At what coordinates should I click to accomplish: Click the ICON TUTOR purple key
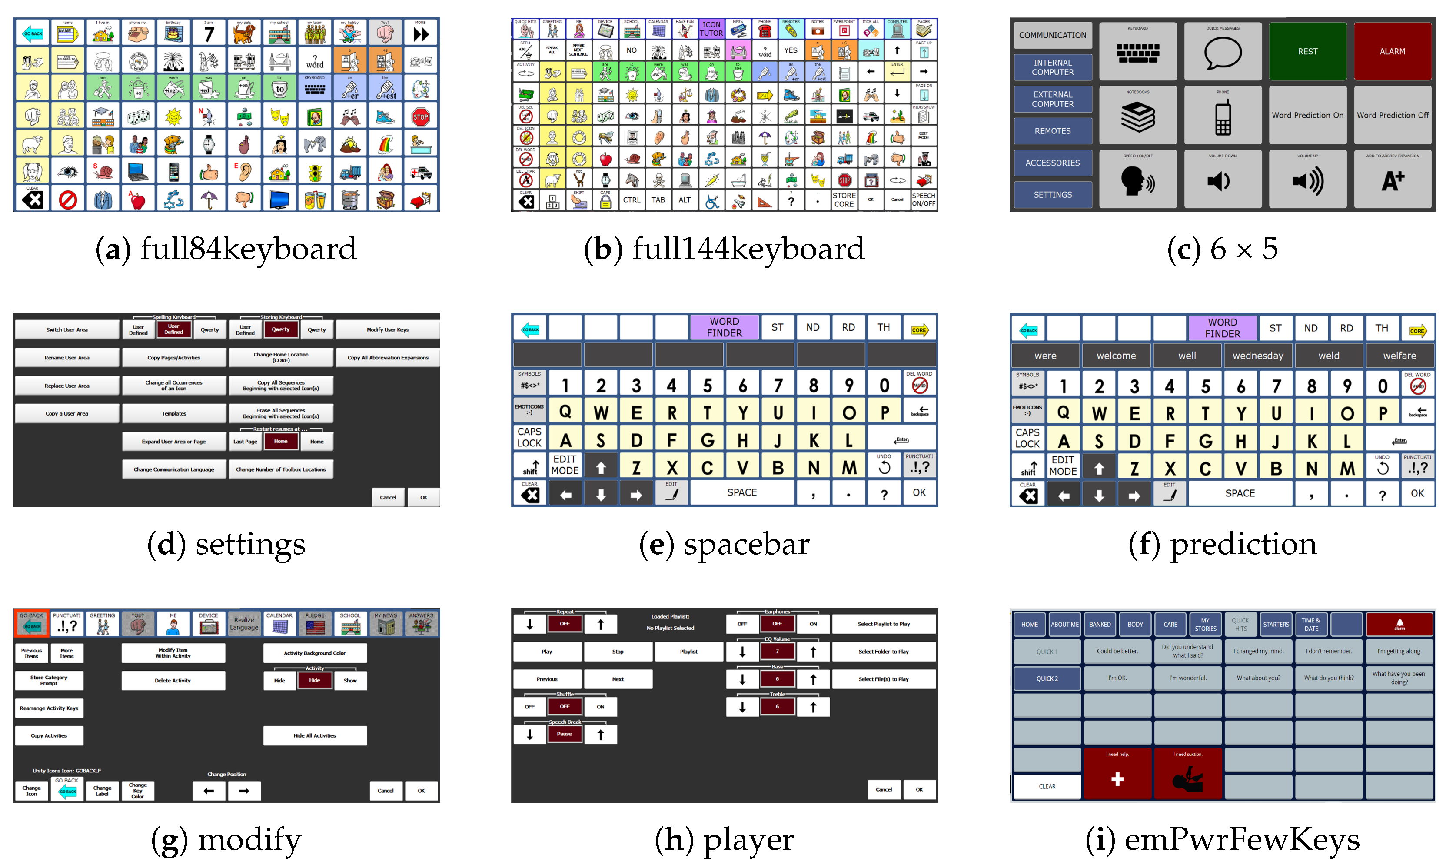click(x=711, y=29)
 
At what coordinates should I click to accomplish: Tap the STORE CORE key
click(x=843, y=200)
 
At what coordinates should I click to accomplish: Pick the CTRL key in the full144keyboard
click(x=632, y=200)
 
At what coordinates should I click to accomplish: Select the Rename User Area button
click(x=67, y=357)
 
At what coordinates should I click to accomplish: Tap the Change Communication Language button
click(x=174, y=469)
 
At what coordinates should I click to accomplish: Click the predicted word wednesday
click(x=1258, y=356)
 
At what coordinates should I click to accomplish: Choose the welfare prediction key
click(x=1399, y=356)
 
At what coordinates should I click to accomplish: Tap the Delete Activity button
click(x=173, y=680)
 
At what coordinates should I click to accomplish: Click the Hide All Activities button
click(x=315, y=735)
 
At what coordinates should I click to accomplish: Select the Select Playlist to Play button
click(x=884, y=624)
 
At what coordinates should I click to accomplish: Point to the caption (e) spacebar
click(x=724, y=545)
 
